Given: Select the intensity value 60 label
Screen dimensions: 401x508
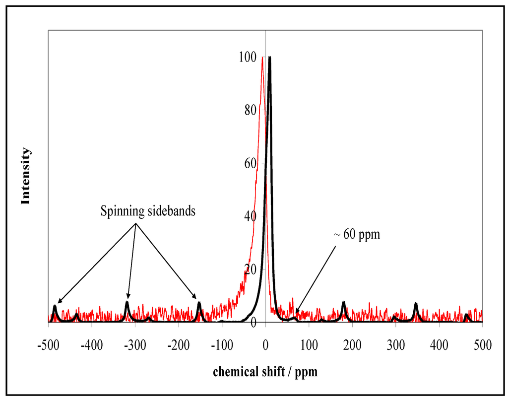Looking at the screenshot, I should click(x=250, y=163).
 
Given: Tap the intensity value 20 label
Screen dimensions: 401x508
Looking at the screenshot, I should click(x=250, y=269).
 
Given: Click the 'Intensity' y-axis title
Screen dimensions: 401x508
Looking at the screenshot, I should click(x=26, y=176).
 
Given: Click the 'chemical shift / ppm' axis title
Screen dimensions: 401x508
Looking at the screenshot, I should click(x=265, y=371).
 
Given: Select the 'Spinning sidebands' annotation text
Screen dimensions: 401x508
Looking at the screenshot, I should click(x=148, y=211).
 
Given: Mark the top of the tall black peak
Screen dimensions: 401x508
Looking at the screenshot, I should click(x=269, y=57).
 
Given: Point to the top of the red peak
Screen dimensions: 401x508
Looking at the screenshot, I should click(x=262, y=57).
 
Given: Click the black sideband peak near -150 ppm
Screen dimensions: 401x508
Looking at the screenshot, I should click(x=199, y=303).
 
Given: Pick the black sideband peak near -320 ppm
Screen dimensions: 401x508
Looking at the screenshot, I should click(x=127, y=303).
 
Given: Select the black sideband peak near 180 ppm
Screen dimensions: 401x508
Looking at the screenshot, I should click(x=343, y=303).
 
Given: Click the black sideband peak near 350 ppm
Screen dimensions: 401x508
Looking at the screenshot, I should click(x=416, y=304).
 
